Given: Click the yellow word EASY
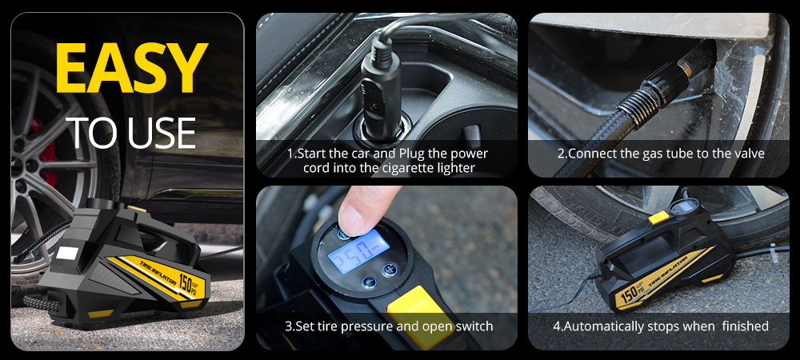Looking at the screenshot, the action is click(x=132, y=68).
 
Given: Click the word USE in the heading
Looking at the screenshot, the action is click(x=162, y=133).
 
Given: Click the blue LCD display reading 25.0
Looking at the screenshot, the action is click(x=358, y=251).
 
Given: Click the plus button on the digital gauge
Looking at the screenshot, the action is click(x=389, y=270).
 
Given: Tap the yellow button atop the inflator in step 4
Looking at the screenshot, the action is click(x=658, y=218).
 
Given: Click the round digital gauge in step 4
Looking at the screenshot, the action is click(x=684, y=206).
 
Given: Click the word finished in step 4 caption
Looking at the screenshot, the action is click(x=746, y=326).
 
